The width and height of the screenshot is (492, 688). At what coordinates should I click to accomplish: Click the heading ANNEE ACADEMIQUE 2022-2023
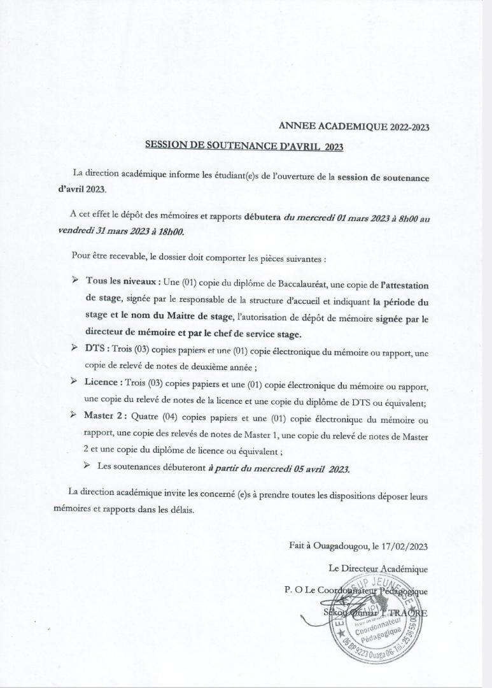[354, 127]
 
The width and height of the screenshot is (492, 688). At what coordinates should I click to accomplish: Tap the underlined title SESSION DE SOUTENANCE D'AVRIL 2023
[244, 146]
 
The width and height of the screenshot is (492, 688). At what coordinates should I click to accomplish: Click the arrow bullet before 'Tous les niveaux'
[74, 280]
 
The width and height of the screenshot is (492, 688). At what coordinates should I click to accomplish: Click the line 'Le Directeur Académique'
[378, 568]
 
